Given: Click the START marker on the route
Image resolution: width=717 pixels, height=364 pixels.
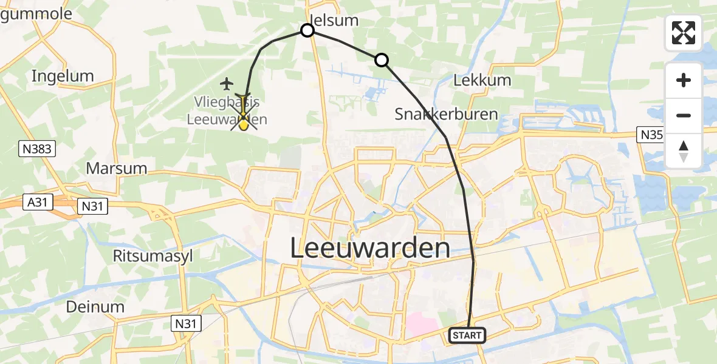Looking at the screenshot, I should coord(467,335).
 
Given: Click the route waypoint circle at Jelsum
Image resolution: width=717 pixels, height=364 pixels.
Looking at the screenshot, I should coord(307,30).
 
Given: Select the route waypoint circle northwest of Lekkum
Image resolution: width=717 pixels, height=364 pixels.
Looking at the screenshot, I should coord(381,59).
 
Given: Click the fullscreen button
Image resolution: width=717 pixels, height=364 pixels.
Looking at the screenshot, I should coord(684,33).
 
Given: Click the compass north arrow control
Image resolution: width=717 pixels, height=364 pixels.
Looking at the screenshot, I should coord(684,151).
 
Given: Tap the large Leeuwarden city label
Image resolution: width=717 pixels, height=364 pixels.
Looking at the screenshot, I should coord(370,248).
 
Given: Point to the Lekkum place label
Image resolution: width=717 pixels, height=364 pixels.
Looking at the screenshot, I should coord(482,80).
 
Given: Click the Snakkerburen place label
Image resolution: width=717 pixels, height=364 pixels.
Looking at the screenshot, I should coord(446,113).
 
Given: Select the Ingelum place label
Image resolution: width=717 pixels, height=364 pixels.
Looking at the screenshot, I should coord(63,76).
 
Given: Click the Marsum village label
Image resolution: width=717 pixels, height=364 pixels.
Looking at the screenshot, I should coord(117,168).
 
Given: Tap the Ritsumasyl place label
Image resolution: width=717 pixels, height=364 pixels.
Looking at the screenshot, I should coord(153,255).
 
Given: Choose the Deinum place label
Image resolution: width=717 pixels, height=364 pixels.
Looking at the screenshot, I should coord(95,306).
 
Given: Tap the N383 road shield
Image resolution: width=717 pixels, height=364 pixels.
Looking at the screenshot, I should coord(38,148).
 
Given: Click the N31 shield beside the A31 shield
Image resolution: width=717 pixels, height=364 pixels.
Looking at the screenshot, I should coord(93,207).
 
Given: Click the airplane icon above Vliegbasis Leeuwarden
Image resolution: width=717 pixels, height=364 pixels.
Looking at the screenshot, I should coord(227,83).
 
